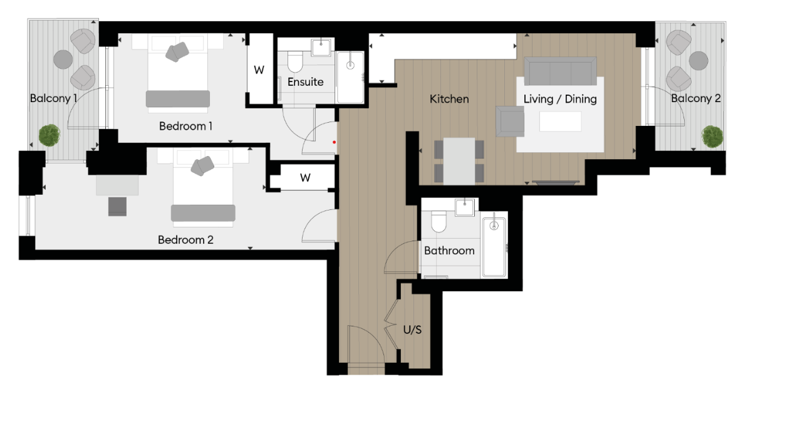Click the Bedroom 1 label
[185, 126]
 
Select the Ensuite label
[306, 82]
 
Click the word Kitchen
[449, 99]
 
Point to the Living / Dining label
[560, 99]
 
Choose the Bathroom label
[449, 251]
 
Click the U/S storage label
[412, 330]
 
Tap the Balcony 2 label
[695, 98]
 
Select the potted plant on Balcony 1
[49, 135]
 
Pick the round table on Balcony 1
[63, 60]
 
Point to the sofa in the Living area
[560, 71]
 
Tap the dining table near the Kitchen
[459, 160]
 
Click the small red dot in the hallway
[335, 142]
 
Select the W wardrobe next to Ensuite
[259, 70]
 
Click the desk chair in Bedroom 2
[118, 206]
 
